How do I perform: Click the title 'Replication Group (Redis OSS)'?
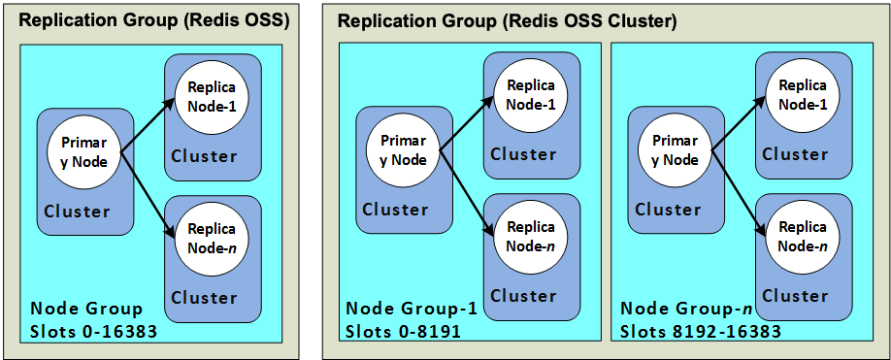tap(154, 21)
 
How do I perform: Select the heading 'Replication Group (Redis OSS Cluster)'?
tap(506, 21)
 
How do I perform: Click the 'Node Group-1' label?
tap(412, 309)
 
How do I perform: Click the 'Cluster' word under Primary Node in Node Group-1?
tap(395, 210)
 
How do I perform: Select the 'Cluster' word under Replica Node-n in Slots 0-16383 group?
tap(204, 298)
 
